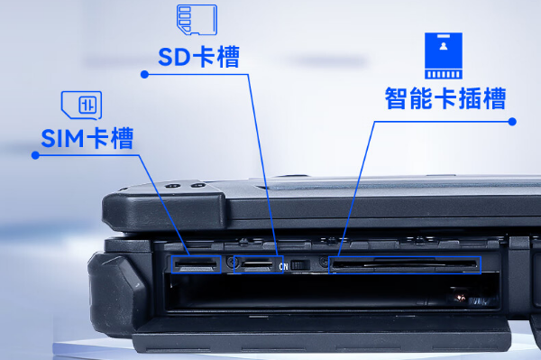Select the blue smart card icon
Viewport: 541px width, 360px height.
444,55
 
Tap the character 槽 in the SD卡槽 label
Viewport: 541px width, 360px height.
229,59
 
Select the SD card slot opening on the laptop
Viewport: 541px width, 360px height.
260,264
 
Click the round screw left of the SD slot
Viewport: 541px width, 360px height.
233,263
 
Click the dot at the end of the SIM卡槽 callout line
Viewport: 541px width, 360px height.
34,155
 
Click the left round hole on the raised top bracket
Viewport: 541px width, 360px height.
172,186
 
